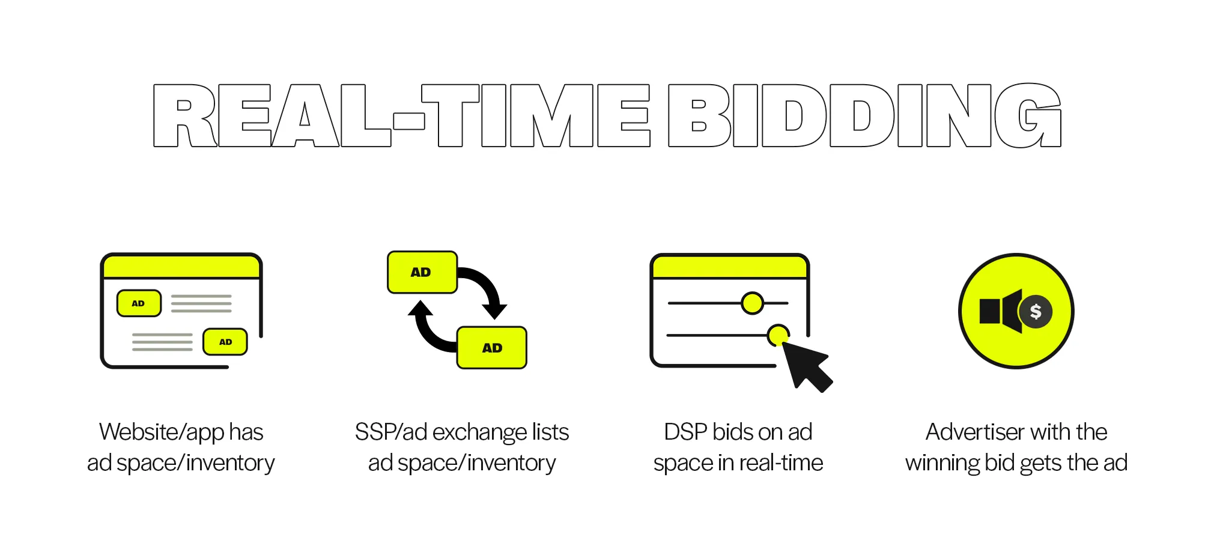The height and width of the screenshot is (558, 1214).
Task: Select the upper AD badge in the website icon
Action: (139, 303)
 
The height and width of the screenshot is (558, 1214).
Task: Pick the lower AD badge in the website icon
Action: (225, 342)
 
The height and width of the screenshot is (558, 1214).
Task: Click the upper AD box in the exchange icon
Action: (422, 272)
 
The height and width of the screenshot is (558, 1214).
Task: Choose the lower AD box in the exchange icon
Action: (492, 348)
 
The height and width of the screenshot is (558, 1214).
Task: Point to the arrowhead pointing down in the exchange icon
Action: (495, 311)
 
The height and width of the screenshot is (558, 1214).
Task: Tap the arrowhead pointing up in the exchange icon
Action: (420, 309)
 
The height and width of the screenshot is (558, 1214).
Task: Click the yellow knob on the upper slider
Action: (752, 303)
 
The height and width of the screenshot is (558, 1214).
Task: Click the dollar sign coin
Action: (1036, 312)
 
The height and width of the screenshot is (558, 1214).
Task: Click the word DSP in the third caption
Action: (685, 432)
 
